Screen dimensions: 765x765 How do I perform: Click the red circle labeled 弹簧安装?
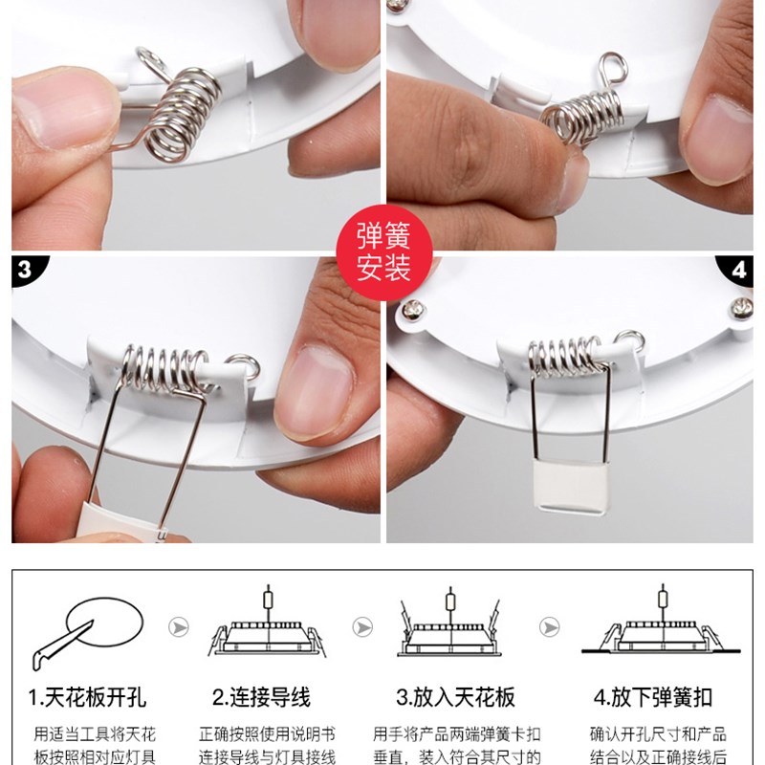tap(383, 252)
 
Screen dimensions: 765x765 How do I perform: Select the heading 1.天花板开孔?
tap(87, 697)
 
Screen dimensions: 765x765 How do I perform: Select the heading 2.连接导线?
tap(262, 697)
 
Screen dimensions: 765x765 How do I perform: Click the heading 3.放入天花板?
tap(450, 697)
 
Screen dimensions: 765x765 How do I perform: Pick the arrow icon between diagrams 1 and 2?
tap(178, 626)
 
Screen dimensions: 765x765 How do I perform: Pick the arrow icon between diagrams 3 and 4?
tap(549, 626)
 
